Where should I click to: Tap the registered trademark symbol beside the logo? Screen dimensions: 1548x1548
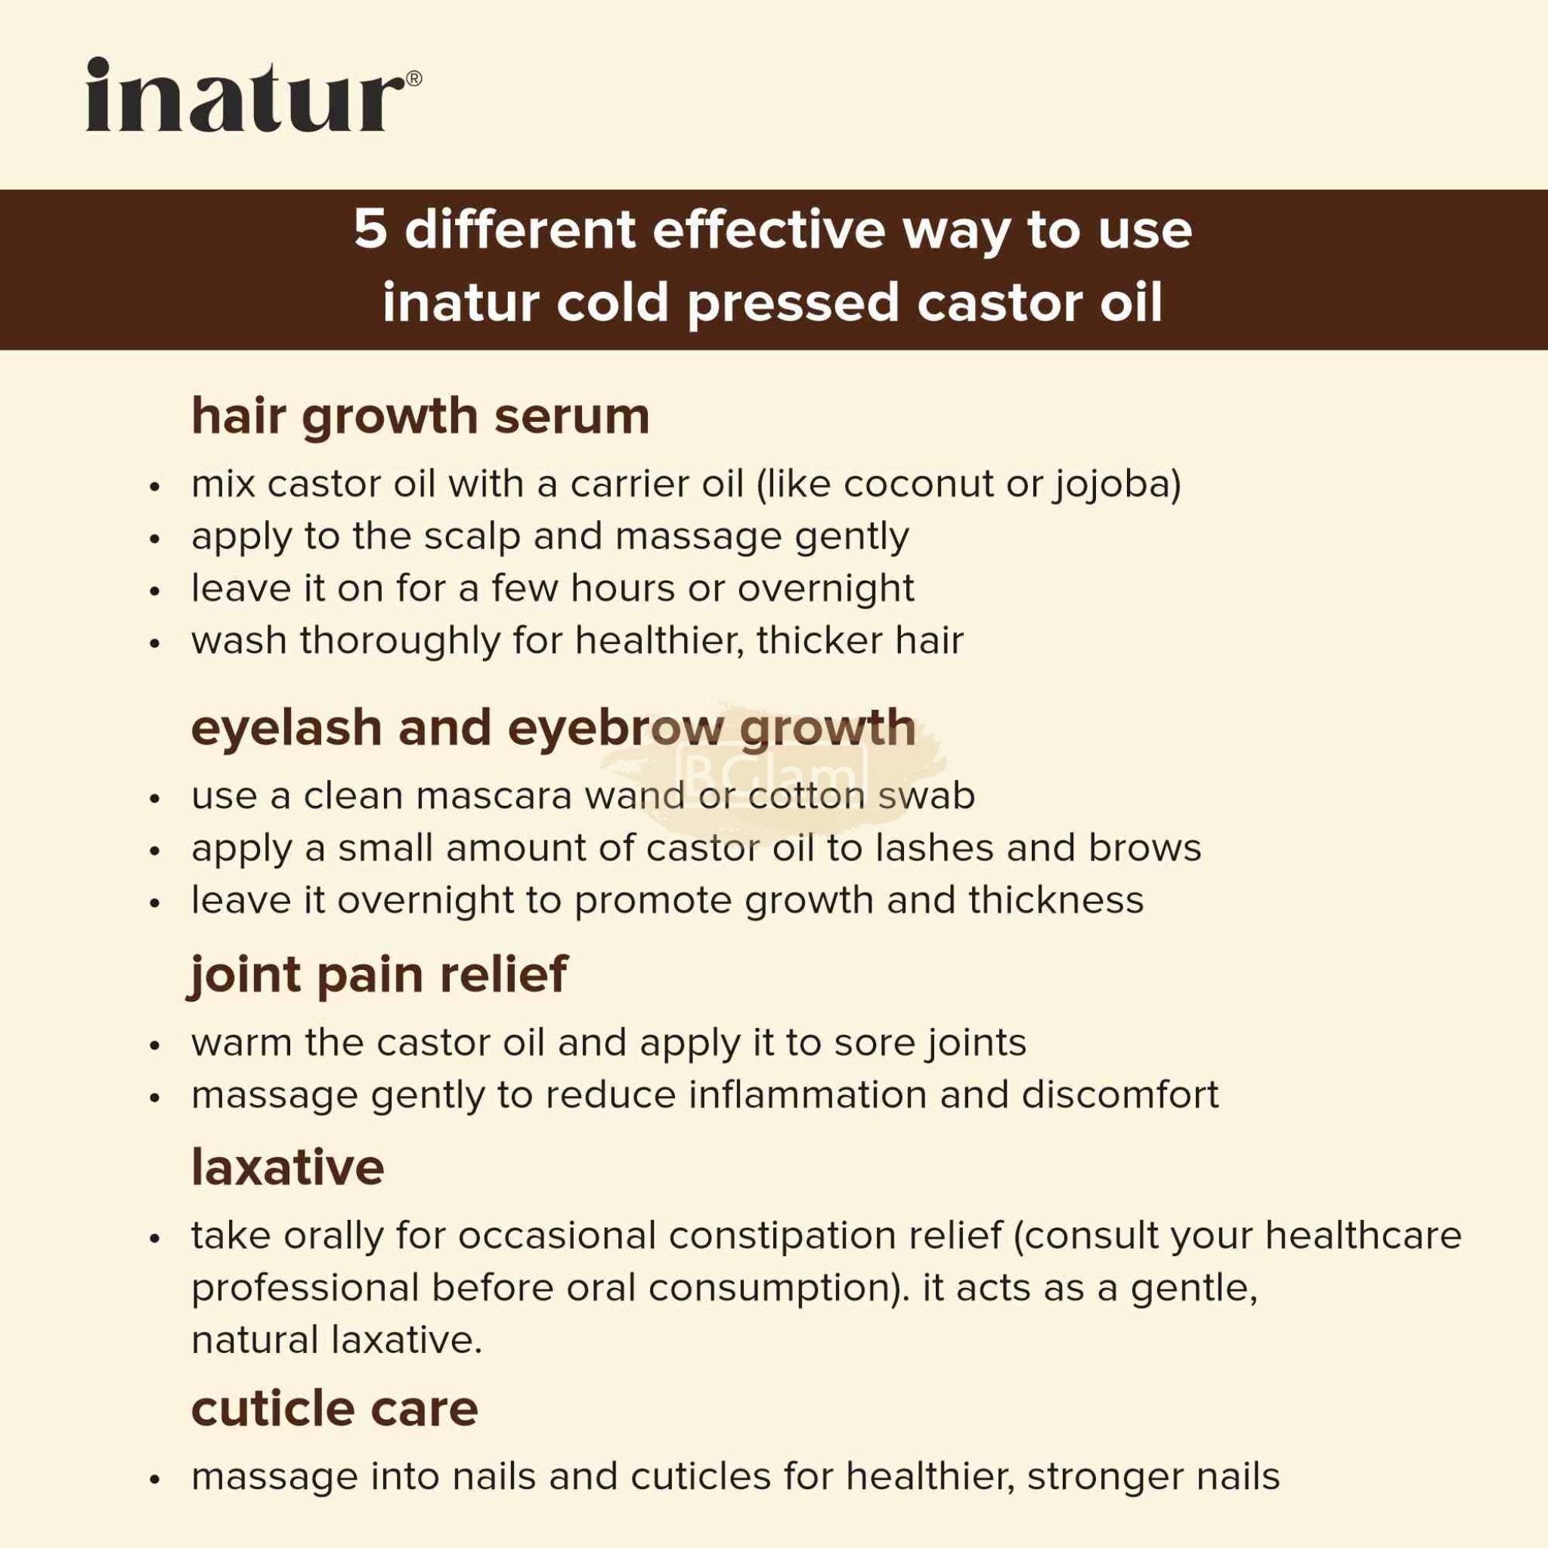pyautogui.click(x=413, y=79)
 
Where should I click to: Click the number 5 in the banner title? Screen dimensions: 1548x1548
pyautogui.click(x=370, y=231)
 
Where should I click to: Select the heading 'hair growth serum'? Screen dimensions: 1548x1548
pyautogui.click(x=420, y=416)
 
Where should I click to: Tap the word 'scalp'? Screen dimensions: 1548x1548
pyautogui.click(x=472, y=537)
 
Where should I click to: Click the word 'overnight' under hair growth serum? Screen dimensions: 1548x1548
pyautogui.click(x=826, y=589)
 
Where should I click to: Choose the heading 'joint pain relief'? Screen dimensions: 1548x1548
pyautogui.click(x=379, y=975)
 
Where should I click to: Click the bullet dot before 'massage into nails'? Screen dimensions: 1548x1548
pyautogui.click(x=156, y=1478)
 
